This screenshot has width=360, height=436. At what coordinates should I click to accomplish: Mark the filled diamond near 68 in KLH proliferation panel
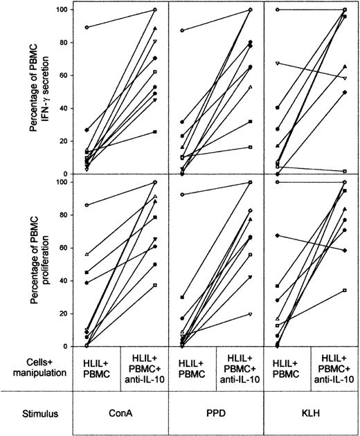point(277,235)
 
